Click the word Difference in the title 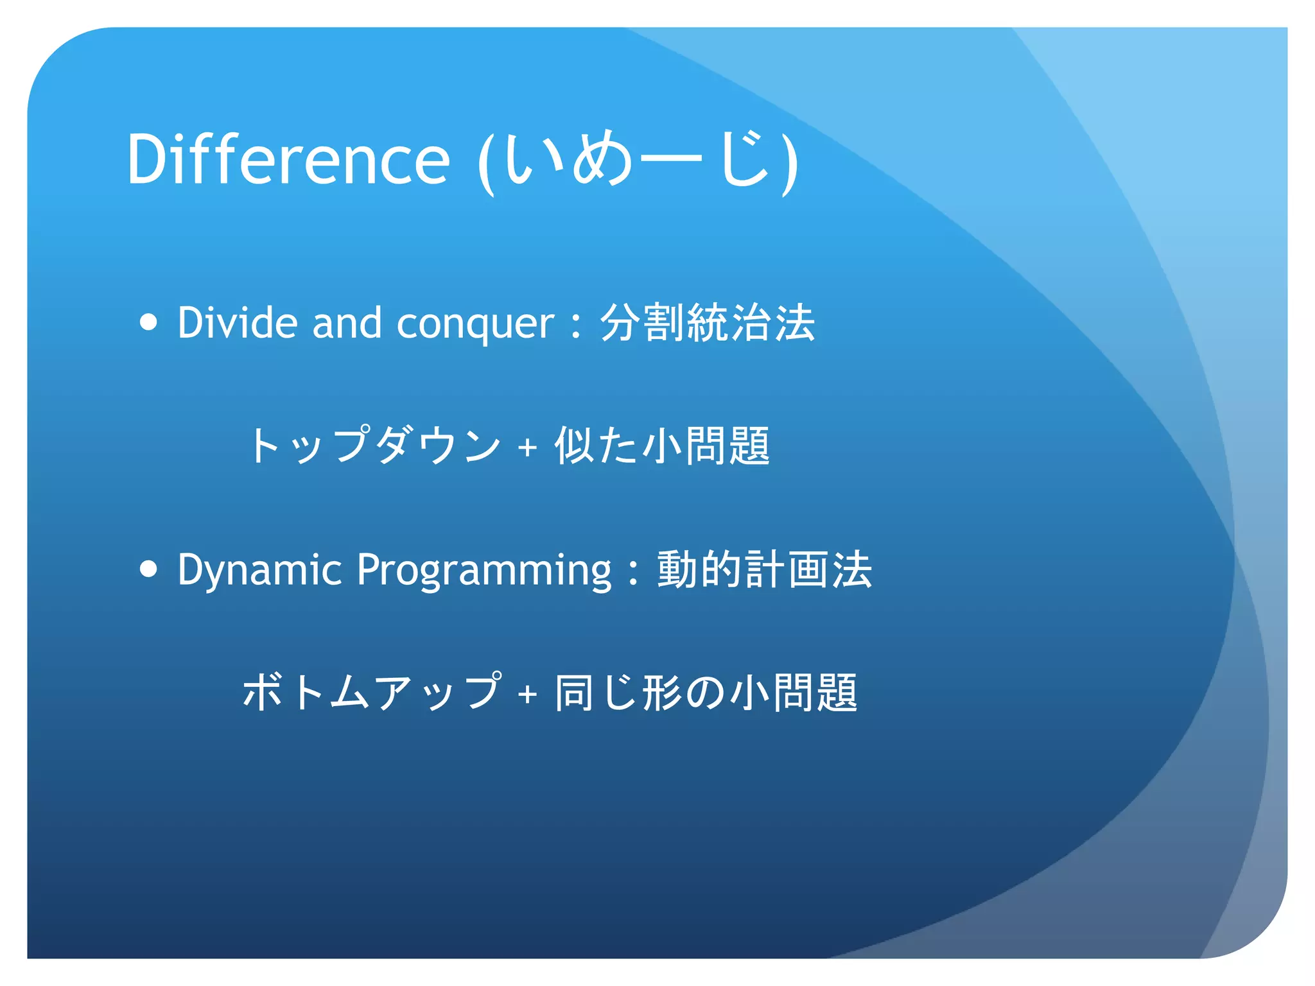pyautogui.click(x=288, y=159)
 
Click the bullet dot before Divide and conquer pyautogui.click(x=148, y=322)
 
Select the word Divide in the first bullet pyautogui.click(x=237, y=322)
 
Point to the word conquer pyautogui.click(x=475, y=324)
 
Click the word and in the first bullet pyautogui.click(x=347, y=322)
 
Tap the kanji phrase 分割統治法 pyautogui.click(x=707, y=322)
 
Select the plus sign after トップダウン pyautogui.click(x=527, y=447)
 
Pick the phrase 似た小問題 pyautogui.click(x=661, y=445)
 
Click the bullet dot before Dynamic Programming pyautogui.click(x=148, y=569)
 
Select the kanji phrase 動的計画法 pyautogui.click(x=764, y=569)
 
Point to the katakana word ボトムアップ pyautogui.click(x=371, y=692)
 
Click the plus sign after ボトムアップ pyautogui.click(x=527, y=694)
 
